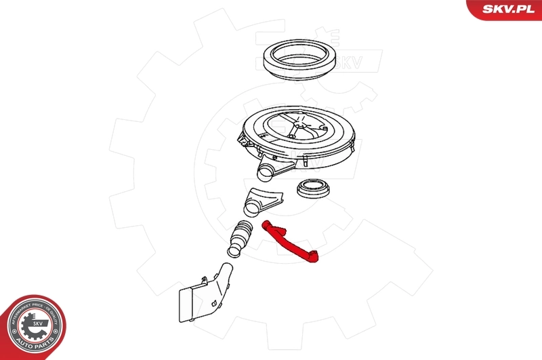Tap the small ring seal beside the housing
[x=312, y=188]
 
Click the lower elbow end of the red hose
[x=314, y=256]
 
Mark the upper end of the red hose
[x=266, y=226]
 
